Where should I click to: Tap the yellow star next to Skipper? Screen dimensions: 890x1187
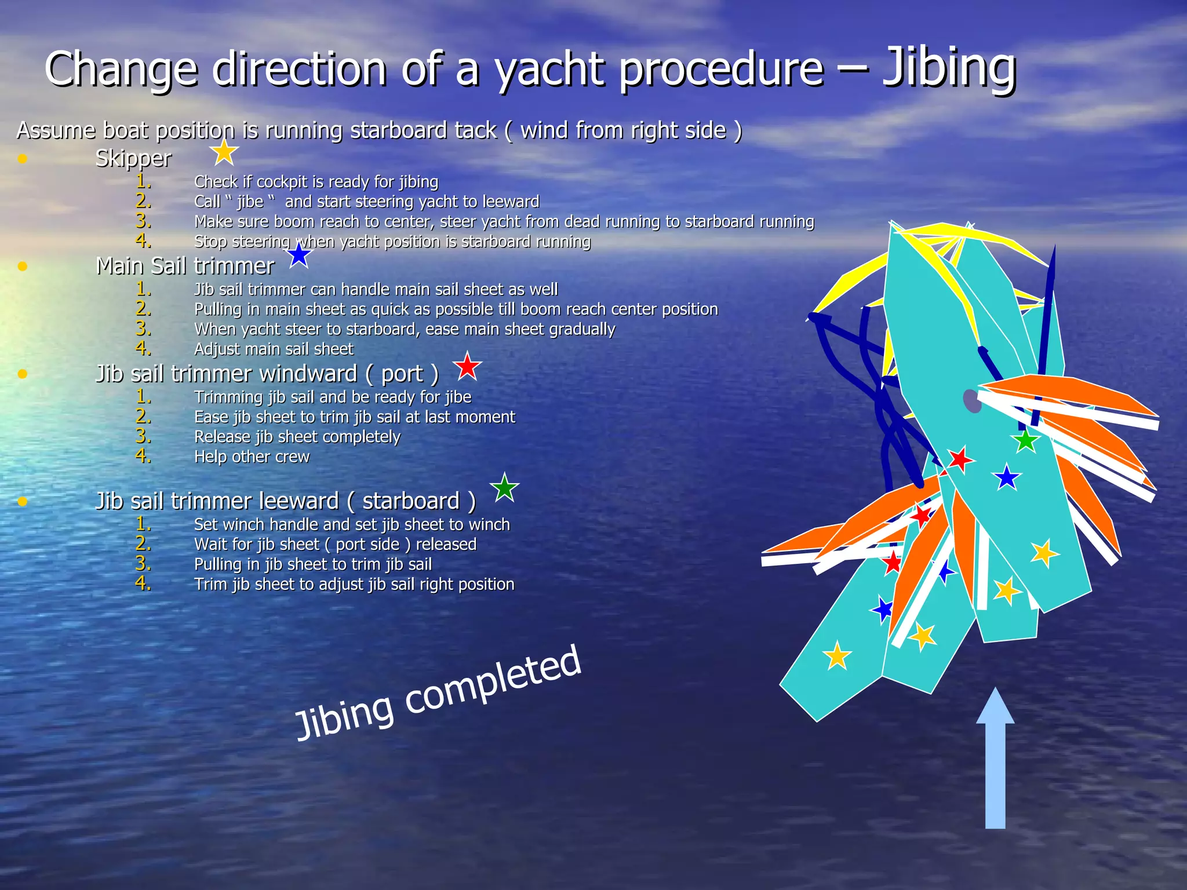(224, 152)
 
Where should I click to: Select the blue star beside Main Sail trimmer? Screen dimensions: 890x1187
(299, 256)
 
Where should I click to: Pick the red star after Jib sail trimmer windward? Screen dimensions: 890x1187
(467, 367)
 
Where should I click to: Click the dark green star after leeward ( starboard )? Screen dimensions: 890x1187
(504, 488)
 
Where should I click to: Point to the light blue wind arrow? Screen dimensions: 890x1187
(995, 759)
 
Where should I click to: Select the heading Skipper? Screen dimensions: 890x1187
(133, 158)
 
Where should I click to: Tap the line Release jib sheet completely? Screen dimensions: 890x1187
(297, 437)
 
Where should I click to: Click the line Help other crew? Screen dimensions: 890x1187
(252, 457)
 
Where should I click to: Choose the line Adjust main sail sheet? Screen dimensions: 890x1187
(274, 349)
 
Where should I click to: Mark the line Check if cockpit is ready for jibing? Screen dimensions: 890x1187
(316, 182)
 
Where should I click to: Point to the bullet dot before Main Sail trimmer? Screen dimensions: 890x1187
(23, 266)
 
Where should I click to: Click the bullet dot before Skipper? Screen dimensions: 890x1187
(23, 158)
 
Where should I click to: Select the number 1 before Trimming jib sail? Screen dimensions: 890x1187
(143, 396)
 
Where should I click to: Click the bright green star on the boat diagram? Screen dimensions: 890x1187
(1026, 441)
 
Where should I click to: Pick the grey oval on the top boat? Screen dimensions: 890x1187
(972, 401)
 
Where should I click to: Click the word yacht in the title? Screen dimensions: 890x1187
(551, 70)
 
